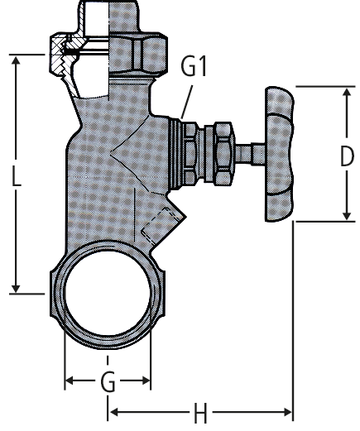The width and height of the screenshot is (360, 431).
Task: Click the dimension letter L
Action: coord(17,175)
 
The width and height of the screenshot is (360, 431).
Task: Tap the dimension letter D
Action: coord(347,156)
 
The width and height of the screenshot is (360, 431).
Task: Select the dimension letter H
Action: coord(200,413)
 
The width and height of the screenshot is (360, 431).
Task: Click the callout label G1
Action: coord(194,66)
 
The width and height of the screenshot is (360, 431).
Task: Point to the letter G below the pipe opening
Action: coord(108,381)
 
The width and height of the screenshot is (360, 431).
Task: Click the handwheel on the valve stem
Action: coord(279,154)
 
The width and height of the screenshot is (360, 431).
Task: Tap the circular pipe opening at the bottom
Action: coord(108,293)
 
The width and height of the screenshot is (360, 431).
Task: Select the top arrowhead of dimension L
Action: coord(16,60)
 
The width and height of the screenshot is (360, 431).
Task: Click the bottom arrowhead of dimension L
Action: coord(16,288)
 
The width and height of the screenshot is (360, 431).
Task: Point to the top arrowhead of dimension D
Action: coord(347,93)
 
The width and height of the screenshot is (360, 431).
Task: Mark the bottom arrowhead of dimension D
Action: coord(347,215)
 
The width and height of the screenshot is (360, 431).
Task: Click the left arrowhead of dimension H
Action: coord(114,413)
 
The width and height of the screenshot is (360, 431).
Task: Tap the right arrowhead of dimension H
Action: coord(287,413)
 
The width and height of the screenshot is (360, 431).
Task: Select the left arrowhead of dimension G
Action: coord(70,381)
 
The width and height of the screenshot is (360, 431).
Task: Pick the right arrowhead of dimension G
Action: coord(146,381)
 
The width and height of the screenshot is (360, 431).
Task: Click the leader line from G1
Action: coord(187,102)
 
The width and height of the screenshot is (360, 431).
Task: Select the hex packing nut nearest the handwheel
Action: coord(223,153)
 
